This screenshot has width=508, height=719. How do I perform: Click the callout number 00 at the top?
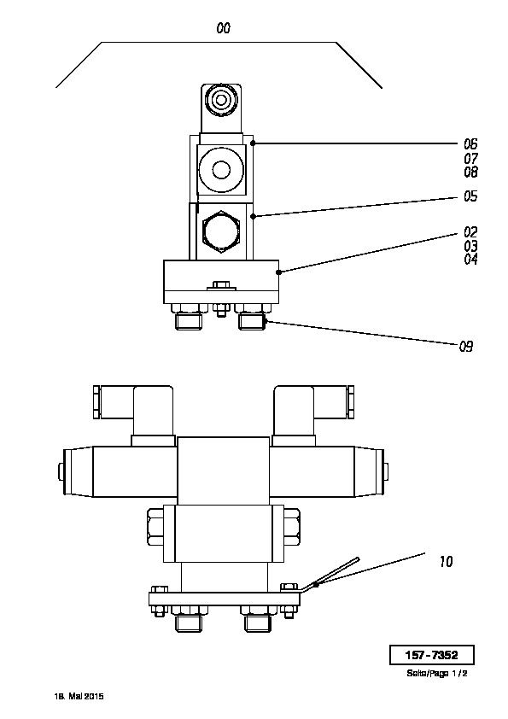coord(224,28)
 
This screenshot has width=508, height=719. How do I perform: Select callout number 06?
coord(470,144)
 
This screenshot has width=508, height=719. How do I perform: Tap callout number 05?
coord(470,196)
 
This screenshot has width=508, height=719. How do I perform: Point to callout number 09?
coord(466,346)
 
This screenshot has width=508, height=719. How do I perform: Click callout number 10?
coord(447,561)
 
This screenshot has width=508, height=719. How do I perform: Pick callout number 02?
coord(470,232)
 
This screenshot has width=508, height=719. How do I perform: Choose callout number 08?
coord(470,172)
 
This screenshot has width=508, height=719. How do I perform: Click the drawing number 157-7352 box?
coord(431,655)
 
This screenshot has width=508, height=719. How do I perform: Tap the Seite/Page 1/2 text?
coord(436,674)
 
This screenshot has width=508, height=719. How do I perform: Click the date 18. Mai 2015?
coord(79,696)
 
